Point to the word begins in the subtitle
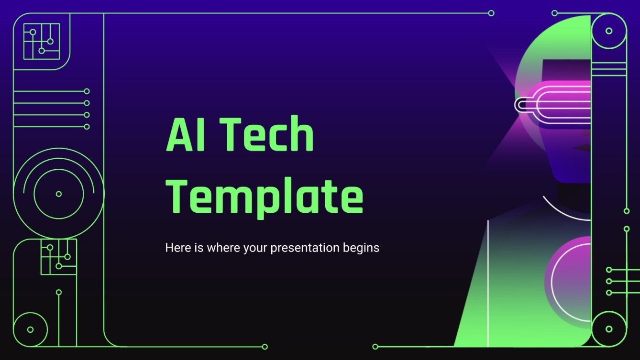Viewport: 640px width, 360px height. tap(361, 248)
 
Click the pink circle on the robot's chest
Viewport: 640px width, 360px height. tap(569, 277)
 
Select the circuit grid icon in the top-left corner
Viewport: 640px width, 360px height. tap(42, 41)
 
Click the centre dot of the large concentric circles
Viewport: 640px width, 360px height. tap(59, 194)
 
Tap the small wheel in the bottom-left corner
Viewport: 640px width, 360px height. tap(31, 329)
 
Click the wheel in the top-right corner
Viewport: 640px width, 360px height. tap(608, 31)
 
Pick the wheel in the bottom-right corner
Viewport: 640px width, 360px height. tap(608, 329)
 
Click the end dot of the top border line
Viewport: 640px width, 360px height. tap(491, 13)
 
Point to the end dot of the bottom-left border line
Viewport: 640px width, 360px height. tap(265, 347)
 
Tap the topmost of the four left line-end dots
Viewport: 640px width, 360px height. tap(87, 91)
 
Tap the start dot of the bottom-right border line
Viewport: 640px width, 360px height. tap(375, 347)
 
